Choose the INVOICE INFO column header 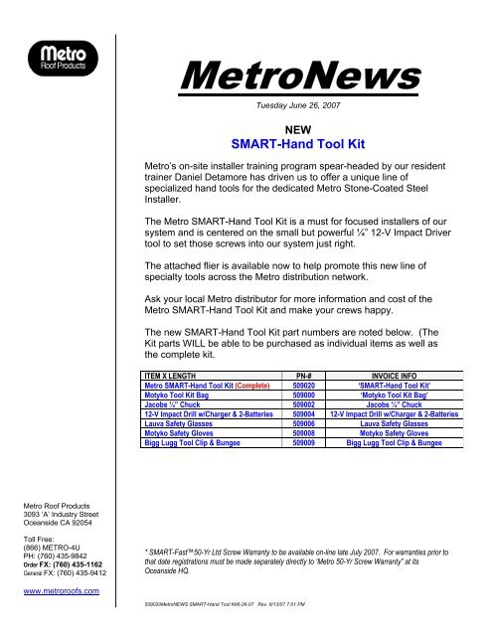(407, 376)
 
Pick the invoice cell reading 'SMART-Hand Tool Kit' (407, 386)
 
